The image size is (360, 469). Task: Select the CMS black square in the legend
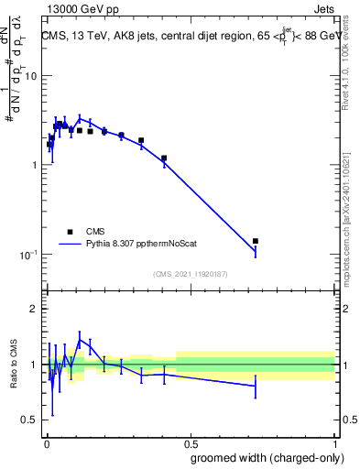point(70,232)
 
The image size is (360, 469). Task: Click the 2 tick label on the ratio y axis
point(34,309)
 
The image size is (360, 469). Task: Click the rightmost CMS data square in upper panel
point(256,241)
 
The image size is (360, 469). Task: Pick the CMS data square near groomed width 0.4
point(164,158)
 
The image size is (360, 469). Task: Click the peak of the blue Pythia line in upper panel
point(81,118)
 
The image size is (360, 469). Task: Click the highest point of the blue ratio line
point(81,339)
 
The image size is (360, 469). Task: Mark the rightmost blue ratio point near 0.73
point(256,386)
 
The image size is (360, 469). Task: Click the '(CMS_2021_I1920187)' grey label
point(190,274)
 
